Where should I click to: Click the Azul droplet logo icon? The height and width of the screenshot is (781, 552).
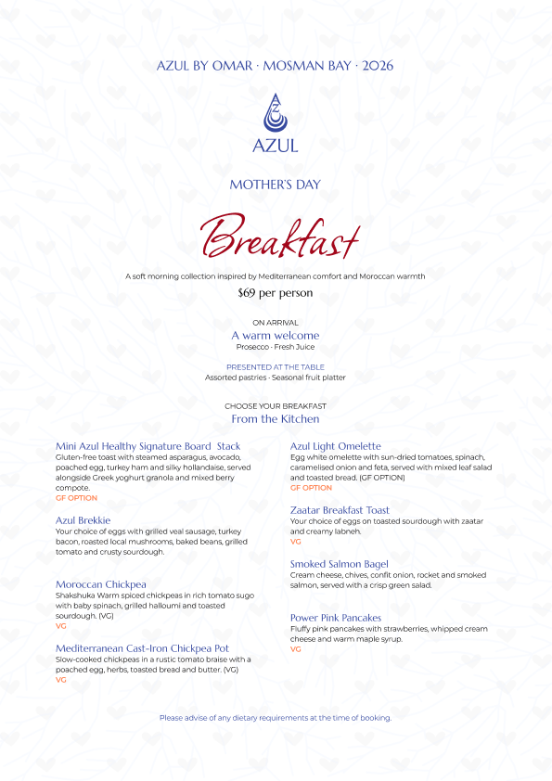pyautogui.click(x=275, y=113)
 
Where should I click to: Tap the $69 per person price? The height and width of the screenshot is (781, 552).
pyautogui.click(x=276, y=293)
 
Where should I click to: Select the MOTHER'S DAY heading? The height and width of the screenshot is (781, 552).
pyautogui.click(x=276, y=185)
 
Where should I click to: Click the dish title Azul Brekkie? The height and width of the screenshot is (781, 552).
pyautogui.click(x=83, y=521)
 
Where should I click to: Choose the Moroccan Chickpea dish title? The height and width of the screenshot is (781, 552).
pyautogui.click(x=101, y=585)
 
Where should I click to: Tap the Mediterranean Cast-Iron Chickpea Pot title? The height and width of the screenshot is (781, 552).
pyautogui.click(x=142, y=648)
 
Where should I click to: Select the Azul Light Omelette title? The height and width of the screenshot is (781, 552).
pyautogui.click(x=336, y=447)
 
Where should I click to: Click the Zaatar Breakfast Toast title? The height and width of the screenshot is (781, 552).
pyautogui.click(x=340, y=510)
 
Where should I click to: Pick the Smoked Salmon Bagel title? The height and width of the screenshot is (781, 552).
pyautogui.click(x=339, y=564)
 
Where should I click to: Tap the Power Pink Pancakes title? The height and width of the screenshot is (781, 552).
pyautogui.click(x=336, y=618)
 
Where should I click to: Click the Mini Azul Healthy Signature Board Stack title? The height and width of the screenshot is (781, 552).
pyautogui.click(x=148, y=447)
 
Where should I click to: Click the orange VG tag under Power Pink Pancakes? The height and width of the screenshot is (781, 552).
pyautogui.click(x=296, y=649)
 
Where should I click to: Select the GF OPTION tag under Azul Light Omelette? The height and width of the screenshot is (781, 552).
pyautogui.click(x=311, y=488)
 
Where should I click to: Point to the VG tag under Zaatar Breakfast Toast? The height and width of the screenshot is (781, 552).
pyautogui.click(x=296, y=542)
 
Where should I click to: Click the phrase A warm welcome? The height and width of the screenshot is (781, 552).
pyautogui.click(x=276, y=336)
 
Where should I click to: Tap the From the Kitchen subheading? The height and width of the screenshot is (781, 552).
pyautogui.click(x=276, y=419)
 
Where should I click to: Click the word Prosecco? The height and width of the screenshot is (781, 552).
pyautogui.click(x=254, y=347)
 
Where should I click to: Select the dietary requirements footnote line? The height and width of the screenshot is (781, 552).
pyautogui.click(x=276, y=718)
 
